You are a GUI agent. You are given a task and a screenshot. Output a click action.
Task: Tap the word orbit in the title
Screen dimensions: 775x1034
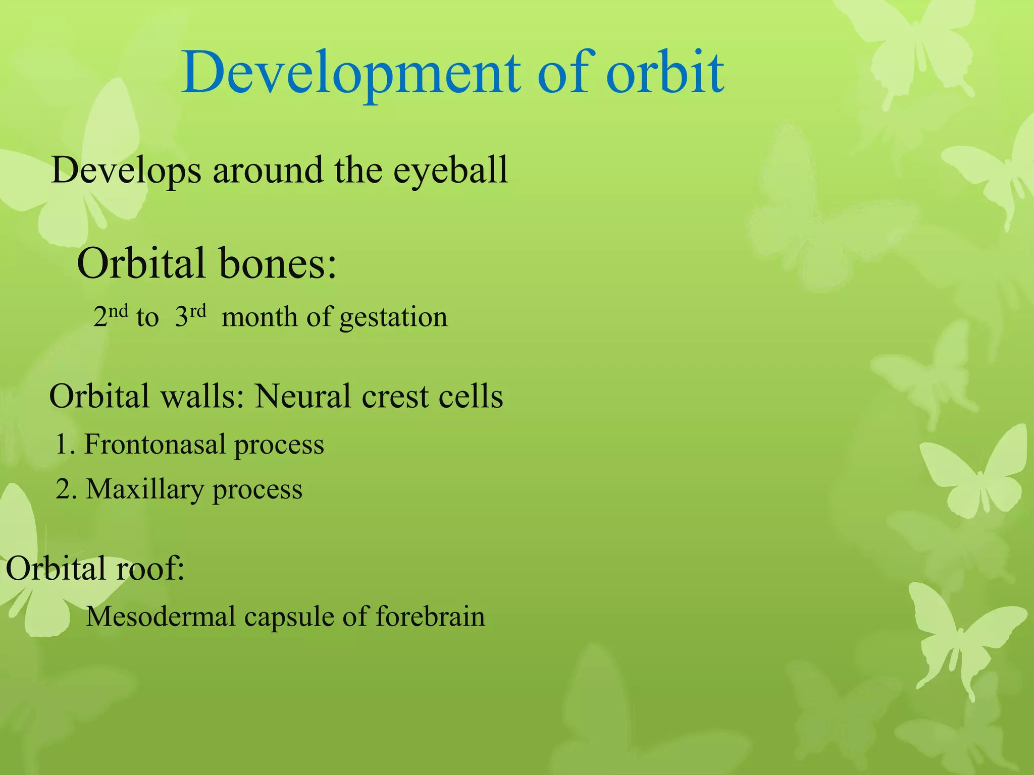click(665, 73)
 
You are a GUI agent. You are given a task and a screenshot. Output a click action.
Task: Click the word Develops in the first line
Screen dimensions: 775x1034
click(126, 171)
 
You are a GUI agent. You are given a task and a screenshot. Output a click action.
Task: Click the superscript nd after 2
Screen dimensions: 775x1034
click(118, 310)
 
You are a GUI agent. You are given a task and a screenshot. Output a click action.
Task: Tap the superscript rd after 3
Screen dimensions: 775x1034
click(198, 310)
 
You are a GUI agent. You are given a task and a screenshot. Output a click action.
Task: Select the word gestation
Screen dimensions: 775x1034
click(393, 318)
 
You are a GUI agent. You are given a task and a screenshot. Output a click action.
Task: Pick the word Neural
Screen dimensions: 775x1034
click(302, 396)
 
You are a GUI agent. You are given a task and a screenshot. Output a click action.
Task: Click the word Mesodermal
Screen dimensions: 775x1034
click(161, 617)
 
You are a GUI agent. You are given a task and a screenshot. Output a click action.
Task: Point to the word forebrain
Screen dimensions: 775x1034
click(430, 617)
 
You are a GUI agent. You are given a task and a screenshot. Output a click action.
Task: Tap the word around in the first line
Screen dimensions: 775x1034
click(268, 171)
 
